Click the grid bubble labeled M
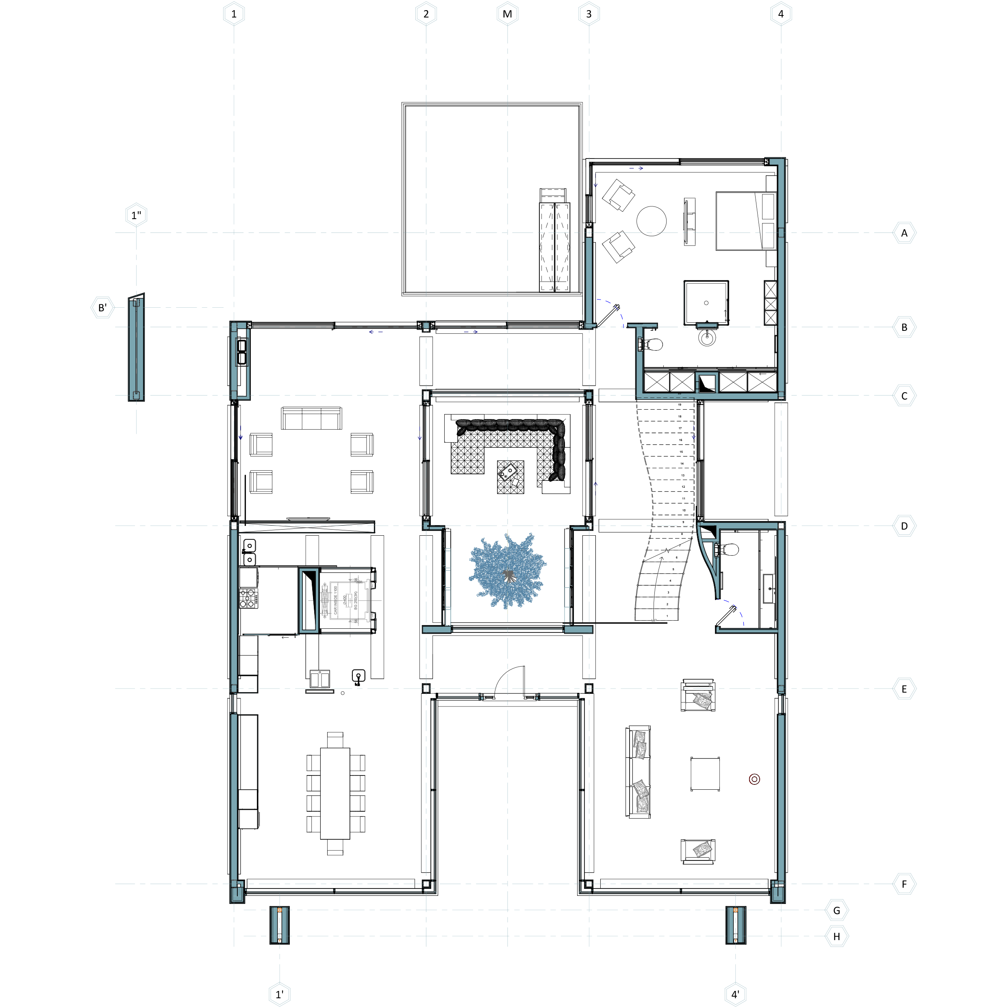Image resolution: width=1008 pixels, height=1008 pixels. [507, 14]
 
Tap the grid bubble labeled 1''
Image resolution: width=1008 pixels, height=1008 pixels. [136, 215]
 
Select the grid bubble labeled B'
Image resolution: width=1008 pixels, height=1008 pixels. [102, 307]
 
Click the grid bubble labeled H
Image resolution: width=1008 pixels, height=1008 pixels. [836, 936]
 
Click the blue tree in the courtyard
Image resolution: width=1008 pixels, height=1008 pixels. [507, 571]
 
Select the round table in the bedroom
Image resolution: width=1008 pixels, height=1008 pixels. [651, 221]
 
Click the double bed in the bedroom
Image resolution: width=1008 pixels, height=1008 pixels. [745, 221]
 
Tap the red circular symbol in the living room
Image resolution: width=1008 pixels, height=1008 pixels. [754, 779]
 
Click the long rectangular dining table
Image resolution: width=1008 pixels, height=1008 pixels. [335, 793]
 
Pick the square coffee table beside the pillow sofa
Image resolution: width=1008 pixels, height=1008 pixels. [705, 774]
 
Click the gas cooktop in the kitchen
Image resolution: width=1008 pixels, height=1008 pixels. [248, 598]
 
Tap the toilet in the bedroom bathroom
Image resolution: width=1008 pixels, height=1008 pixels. [652, 344]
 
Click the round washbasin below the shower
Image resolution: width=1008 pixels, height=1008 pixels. [706, 338]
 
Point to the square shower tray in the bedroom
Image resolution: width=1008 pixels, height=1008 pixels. [706, 303]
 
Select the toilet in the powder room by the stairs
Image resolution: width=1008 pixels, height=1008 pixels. [730, 550]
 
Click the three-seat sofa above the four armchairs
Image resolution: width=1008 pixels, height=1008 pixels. [311, 418]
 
